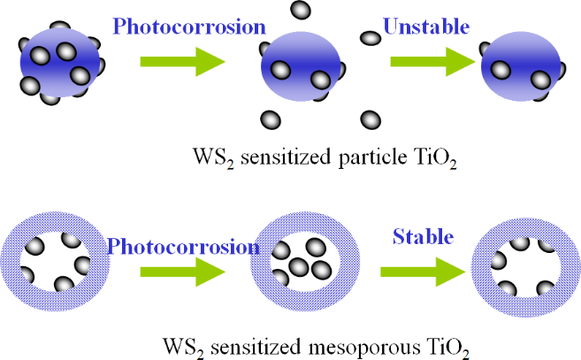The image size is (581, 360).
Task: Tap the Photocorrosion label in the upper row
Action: (177, 27)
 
